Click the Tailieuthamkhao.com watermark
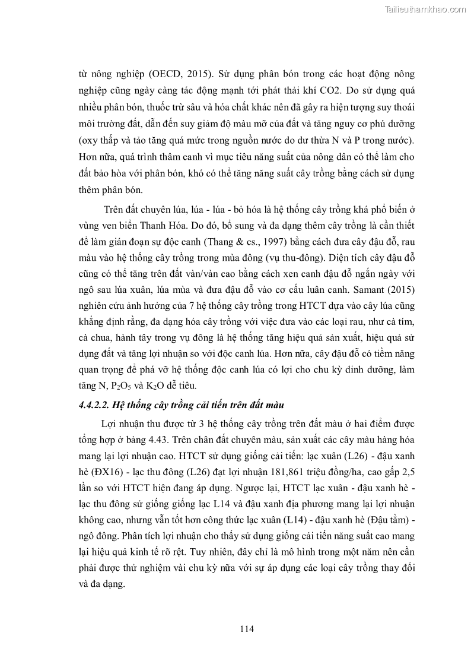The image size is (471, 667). click(425, 9)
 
